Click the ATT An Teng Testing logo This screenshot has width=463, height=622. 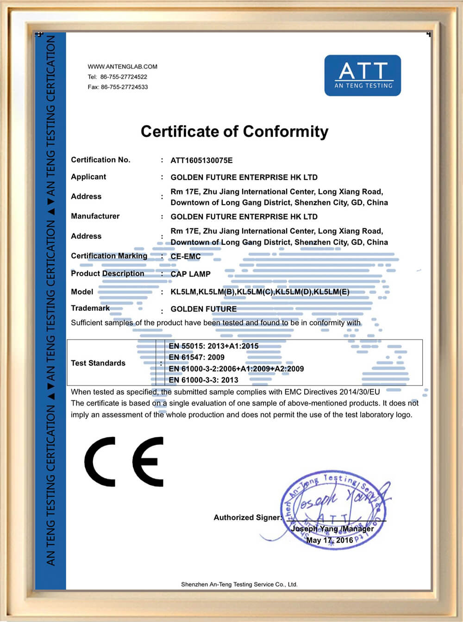(x=363, y=75)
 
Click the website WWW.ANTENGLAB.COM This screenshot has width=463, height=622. (x=122, y=67)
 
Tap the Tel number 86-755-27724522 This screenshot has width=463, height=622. (x=124, y=77)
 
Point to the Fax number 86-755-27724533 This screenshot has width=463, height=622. (x=124, y=87)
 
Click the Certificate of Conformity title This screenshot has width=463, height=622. (x=234, y=131)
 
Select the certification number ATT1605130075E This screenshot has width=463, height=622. (x=201, y=161)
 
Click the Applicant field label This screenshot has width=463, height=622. (x=88, y=177)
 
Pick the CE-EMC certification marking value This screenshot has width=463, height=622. (x=186, y=256)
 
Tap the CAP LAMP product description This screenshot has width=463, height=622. (x=190, y=274)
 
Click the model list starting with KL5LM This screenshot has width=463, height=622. (x=260, y=292)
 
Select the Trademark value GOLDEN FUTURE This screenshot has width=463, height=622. (x=203, y=309)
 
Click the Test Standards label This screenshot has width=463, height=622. (x=98, y=363)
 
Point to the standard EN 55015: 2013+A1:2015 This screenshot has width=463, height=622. (x=213, y=346)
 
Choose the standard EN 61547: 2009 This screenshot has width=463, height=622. (x=196, y=357)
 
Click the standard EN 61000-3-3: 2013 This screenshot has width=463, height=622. (x=203, y=380)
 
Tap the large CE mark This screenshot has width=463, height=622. (x=124, y=461)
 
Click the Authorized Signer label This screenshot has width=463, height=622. (x=247, y=517)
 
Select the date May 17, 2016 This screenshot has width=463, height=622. (x=329, y=540)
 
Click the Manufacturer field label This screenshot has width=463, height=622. (x=95, y=216)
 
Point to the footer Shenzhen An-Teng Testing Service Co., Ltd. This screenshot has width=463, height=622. (x=239, y=585)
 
